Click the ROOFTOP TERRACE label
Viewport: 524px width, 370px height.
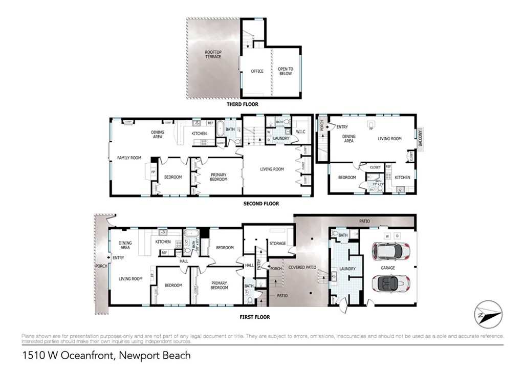[x=213, y=54]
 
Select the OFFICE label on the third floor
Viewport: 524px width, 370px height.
[x=257, y=71]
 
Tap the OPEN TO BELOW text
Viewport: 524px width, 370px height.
[x=286, y=71]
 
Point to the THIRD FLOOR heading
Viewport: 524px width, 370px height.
[x=243, y=104]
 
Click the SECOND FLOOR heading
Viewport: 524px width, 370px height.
[x=261, y=204]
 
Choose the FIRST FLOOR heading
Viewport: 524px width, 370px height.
[x=254, y=317]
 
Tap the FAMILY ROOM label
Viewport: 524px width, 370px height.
[x=129, y=158]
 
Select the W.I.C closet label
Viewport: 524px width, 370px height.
[x=300, y=132]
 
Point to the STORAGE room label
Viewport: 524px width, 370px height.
[x=277, y=244]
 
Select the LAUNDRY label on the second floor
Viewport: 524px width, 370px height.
[x=281, y=139]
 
